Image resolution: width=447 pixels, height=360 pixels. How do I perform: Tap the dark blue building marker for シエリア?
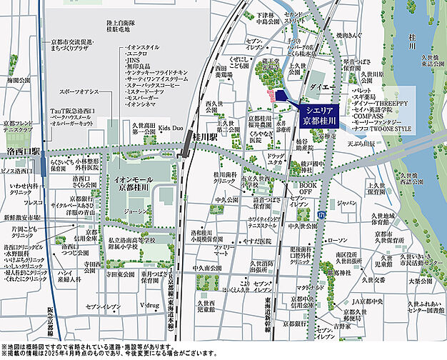tap(281, 96)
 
